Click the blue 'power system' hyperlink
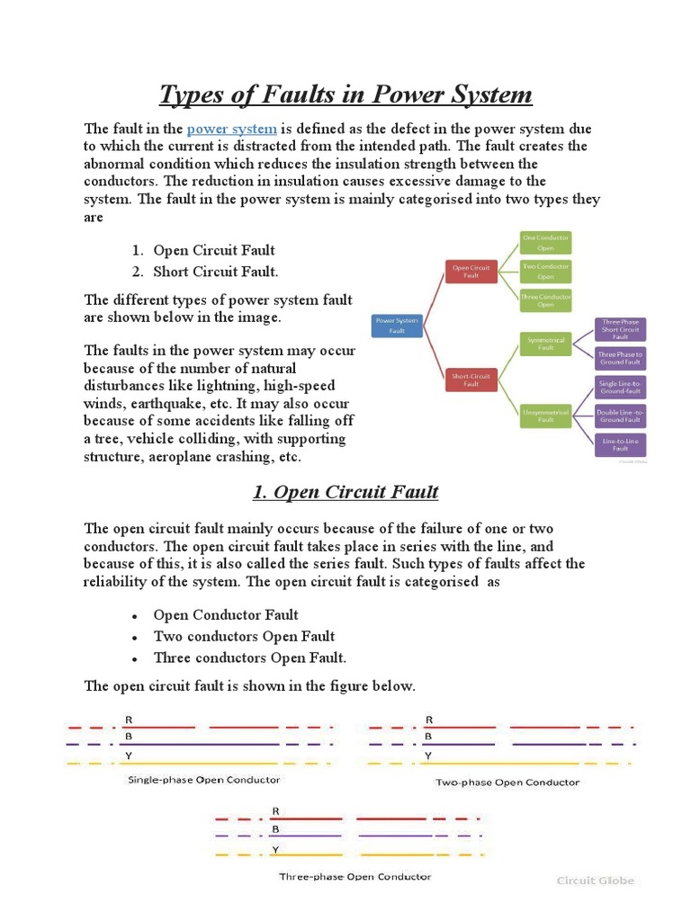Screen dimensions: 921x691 pos(231,129)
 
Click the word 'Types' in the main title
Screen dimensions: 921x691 pos(191,94)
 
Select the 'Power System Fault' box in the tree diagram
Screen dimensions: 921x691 pos(397,325)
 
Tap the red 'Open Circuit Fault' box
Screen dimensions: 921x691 pos(471,272)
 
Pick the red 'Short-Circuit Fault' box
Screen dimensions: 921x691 pos(471,379)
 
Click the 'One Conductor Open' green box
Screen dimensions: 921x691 pos(545,242)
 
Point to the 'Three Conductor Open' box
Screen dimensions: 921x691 pos(545,300)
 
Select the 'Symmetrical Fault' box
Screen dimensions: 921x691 pos(545,343)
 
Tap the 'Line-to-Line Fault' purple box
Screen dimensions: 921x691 pos(621,443)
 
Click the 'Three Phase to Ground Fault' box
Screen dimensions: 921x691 pos(621,359)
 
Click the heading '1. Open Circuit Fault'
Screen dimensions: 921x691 pos(345,492)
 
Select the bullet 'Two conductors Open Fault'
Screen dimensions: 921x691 pos(244,636)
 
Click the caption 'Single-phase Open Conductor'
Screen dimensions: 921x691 pos(204,780)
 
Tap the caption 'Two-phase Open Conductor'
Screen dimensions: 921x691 pos(507,782)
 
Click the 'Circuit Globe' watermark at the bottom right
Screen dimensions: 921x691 pos(595,881)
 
